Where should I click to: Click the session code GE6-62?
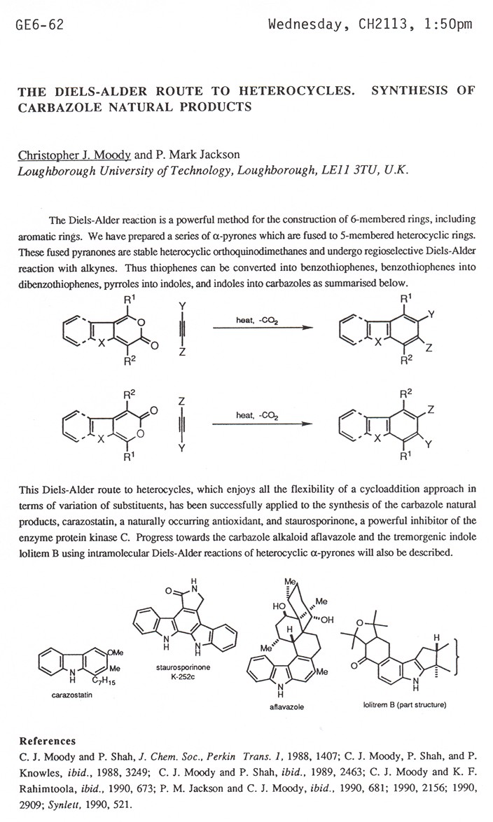pos(39,25)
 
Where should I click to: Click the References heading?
pos(47,741)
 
